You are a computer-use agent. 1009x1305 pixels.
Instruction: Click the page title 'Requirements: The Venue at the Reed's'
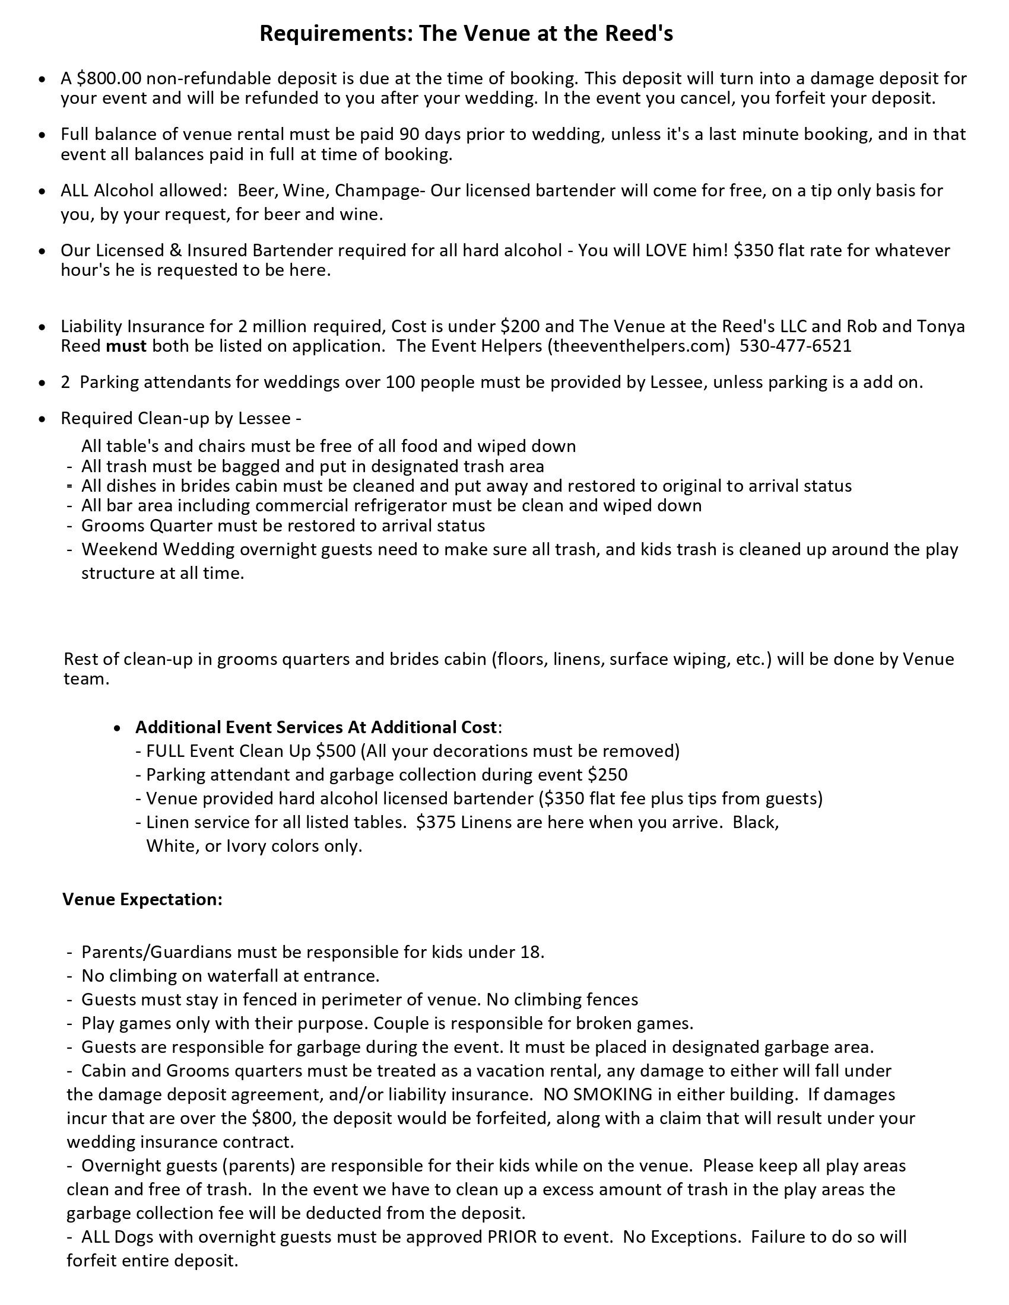point(466,33)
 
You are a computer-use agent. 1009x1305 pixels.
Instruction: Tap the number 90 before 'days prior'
point(411,134)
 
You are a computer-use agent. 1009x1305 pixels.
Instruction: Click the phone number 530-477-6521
point(795,346)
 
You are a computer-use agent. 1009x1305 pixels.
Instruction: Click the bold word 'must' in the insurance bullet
point(126,346)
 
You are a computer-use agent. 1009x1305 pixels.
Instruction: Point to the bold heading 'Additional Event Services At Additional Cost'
point(316,727)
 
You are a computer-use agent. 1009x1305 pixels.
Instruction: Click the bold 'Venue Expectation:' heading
point(142,899)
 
